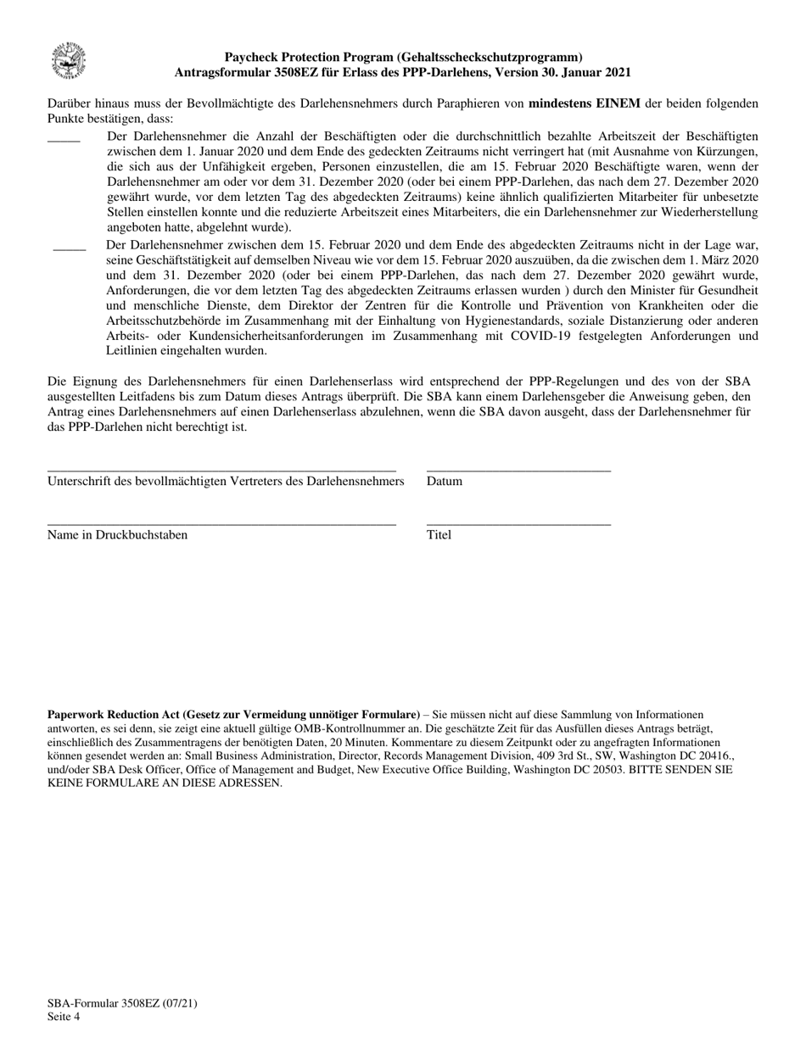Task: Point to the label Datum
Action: [x=445, y=482]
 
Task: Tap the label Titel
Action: [x=439, y=535]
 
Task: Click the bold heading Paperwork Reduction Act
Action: [x=233, y=715]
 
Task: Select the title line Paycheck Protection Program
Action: [x=403, y=58]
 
